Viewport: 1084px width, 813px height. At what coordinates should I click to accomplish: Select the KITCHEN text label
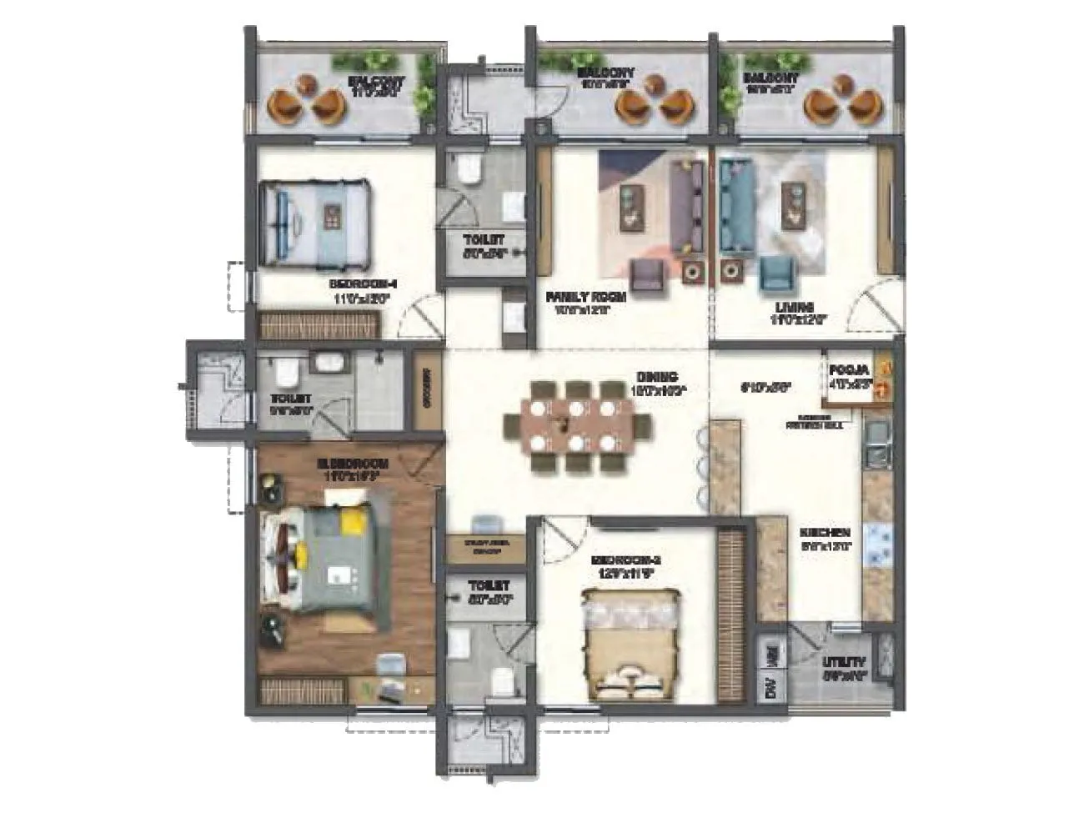coord(825,533)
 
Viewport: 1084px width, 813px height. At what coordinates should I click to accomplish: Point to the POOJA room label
coord(849,369)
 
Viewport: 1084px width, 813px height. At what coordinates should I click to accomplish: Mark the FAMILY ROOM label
coord(585,297)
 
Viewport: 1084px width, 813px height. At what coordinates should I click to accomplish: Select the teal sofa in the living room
coord(734,204)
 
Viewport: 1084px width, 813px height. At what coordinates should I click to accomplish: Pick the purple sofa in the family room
coord(685,204)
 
